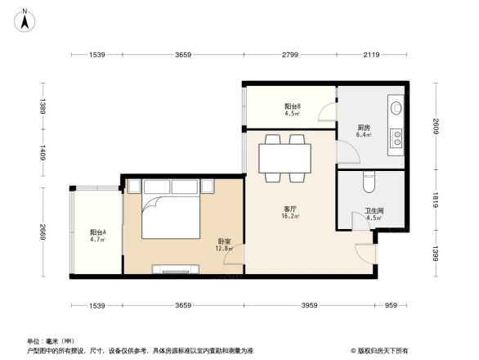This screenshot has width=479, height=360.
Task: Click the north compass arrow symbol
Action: [x=25, y=20]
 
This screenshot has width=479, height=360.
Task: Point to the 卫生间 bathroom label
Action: [x=374, y=214]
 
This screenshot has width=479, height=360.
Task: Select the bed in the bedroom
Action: [x=172, y=214]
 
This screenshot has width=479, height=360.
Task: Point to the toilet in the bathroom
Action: [x=367, y=181]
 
